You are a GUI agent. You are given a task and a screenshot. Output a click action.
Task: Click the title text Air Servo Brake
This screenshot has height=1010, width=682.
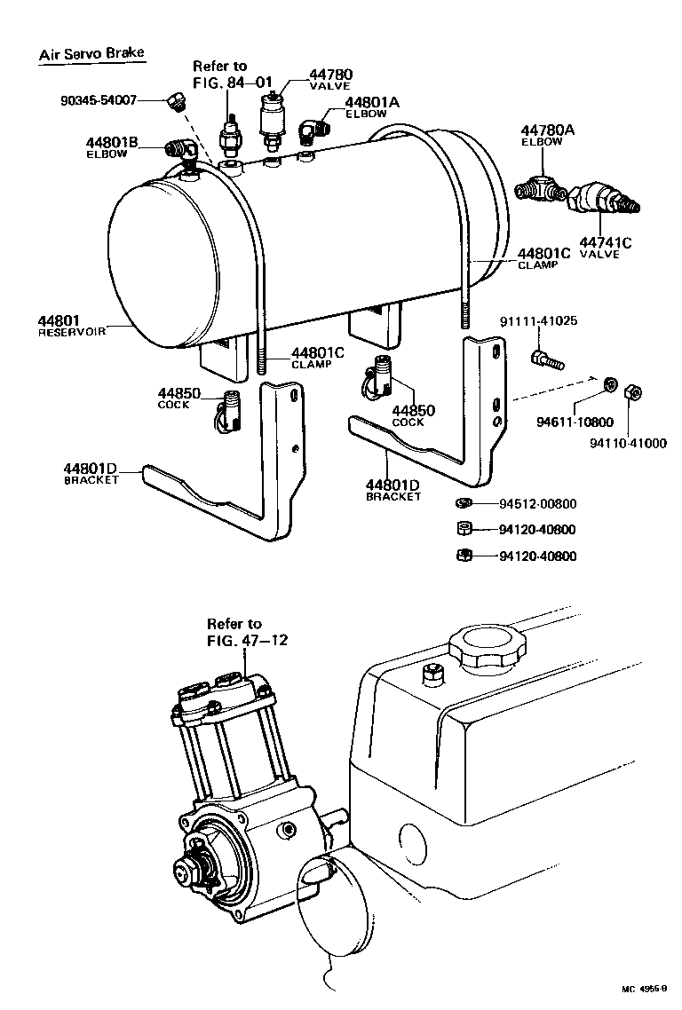91,53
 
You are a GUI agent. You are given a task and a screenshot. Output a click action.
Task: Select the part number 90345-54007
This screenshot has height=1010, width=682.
99,100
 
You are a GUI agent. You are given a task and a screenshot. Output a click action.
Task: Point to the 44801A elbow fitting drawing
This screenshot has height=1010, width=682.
311,130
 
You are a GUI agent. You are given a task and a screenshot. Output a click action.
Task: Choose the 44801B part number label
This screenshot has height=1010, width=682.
112,142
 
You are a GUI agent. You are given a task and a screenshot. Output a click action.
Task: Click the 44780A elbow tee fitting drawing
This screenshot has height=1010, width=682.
541,189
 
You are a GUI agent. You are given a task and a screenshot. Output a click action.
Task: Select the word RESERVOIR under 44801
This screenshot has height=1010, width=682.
72,332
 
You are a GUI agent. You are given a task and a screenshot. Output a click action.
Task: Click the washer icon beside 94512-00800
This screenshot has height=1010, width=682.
463,504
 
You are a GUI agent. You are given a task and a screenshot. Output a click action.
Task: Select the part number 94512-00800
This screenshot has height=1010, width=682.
537,504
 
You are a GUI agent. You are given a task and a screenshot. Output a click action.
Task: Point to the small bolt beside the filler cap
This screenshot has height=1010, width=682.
433,674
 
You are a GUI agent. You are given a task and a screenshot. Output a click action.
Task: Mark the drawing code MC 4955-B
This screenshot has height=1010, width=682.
644,988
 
